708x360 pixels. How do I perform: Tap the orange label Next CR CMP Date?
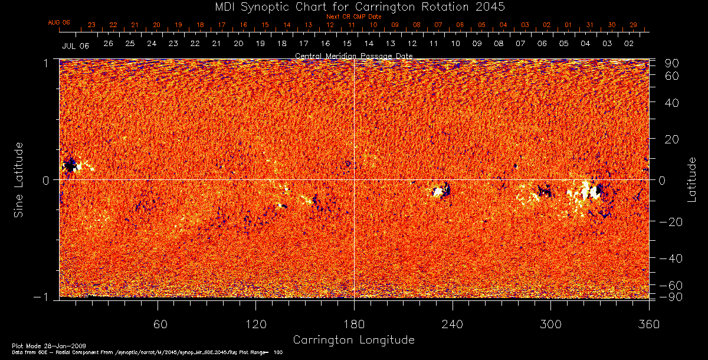click(354, 17)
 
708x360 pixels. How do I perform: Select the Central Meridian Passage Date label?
click(353, 56)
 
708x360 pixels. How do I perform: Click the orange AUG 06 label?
click(59, 22)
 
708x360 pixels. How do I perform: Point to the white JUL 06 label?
click(75, 45)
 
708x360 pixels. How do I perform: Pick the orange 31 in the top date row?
click(589, 25)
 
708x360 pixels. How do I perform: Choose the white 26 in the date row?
click(108, 44)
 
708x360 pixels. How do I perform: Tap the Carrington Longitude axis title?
click(353, 340)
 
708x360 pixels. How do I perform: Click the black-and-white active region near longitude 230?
click(440, 191)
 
